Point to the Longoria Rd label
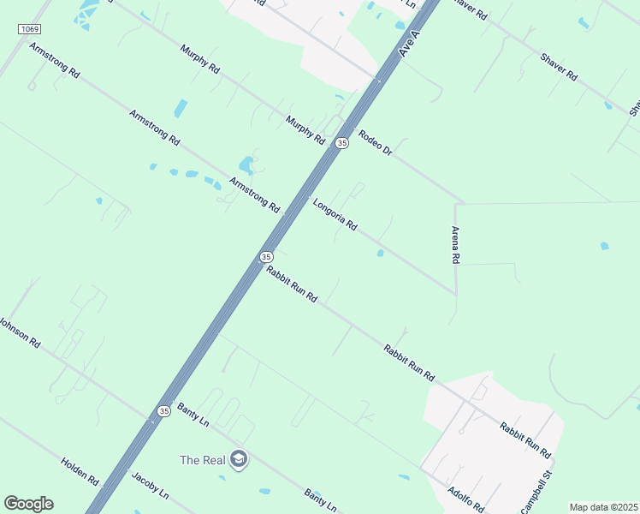(x=335, y=215)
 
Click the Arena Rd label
(x=456, y=245)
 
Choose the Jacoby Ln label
(x=151, y=486)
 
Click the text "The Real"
(x=203, y=460)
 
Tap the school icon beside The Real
(x=239, y=459)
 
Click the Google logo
(x=28, y=504)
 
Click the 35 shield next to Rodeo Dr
(x=342, y=143)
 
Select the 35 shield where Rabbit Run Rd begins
(x=266, y=256)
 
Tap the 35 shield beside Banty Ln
(x=163, y=412)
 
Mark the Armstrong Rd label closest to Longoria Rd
(x=255, y=194)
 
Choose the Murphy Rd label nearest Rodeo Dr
(x=305, y=129)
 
